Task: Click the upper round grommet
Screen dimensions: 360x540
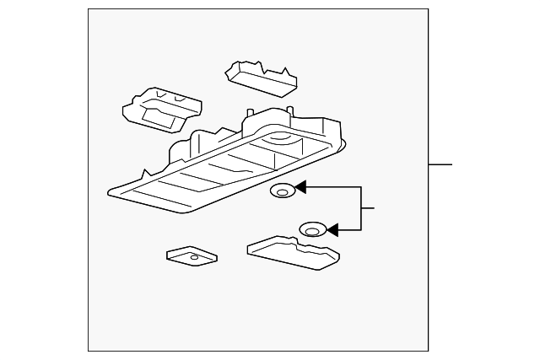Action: tap(282, 192)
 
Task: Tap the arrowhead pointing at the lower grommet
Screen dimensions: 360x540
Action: tap(332, 228)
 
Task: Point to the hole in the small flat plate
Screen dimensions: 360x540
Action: tap(194, 257)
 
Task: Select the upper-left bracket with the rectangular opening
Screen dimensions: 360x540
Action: tap(162, 109)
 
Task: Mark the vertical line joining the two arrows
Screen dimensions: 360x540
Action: tap(361, 208)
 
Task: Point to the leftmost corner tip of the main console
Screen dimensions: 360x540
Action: tap(110, 194)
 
